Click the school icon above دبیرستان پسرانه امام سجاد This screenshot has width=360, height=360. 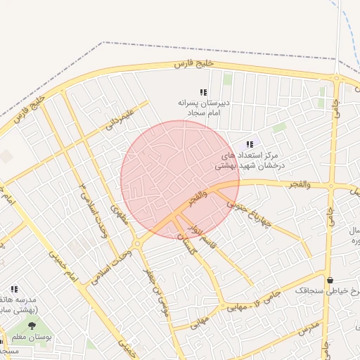203,92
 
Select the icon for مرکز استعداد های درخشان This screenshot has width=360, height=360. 250,144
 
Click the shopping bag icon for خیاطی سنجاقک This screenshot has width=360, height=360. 330,280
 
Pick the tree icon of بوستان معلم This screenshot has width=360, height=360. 32,326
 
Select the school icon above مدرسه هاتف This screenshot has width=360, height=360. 14,289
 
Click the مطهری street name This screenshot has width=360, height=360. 120,217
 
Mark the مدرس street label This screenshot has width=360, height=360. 309,328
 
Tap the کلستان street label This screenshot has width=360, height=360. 184,243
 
